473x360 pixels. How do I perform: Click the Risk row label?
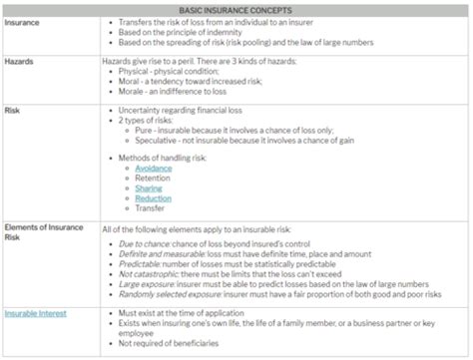click(13, 111)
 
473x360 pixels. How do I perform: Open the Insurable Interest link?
click(36, 313)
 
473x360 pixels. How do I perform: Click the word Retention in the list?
click(153, 180)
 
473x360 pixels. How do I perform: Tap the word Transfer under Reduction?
click(151, 209)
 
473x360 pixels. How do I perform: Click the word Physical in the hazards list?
click(135, 71)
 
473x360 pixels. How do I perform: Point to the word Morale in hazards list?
click(133, 91)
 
